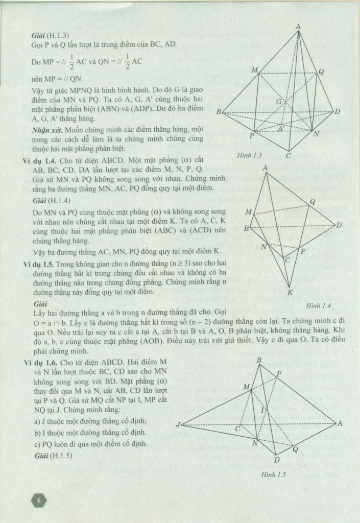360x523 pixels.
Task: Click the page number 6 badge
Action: coord(38,501)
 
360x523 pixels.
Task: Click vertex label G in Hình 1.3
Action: coord(279,102)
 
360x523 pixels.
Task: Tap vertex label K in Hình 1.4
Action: coord(290,293)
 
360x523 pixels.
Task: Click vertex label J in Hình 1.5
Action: coord(178,424)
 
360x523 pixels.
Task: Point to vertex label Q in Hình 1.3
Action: coord(321,72)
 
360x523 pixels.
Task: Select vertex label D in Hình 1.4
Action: coord(339,225)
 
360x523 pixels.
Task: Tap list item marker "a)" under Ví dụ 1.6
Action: coord(36,421)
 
